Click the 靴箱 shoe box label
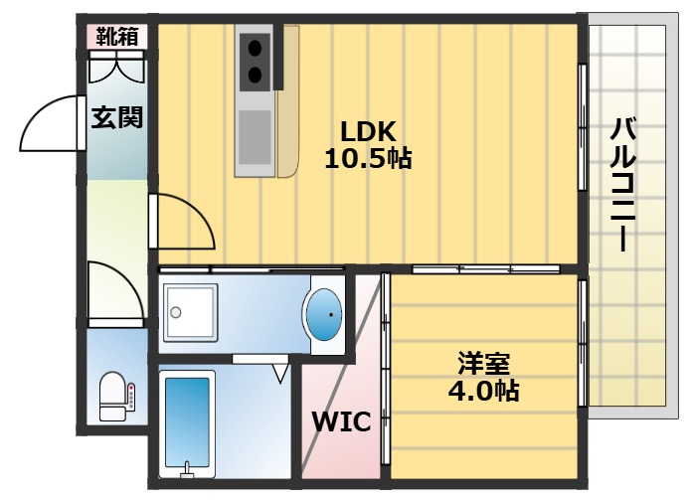pyautogui.click(x=116, y=37)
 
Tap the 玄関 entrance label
pyautogui.click(x=117, y=117)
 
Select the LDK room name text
pyautogui.click(x=369, y=131)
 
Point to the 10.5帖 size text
pyautogui.click(x=369, y=157)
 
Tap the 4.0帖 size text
pyautogui.click(x=479, y=391)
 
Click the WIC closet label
pyautogui.click(x=341, y=421)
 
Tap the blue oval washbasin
pyautogui.click(x=325, y=314)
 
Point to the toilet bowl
pyautogui.click(x=112, y=393)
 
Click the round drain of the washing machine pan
pyautogui.click(x=176, y=312)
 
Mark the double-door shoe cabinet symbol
pyautogui.click(x=117, y=69)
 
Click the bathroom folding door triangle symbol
pyautogui.click(x=281, y=372)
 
